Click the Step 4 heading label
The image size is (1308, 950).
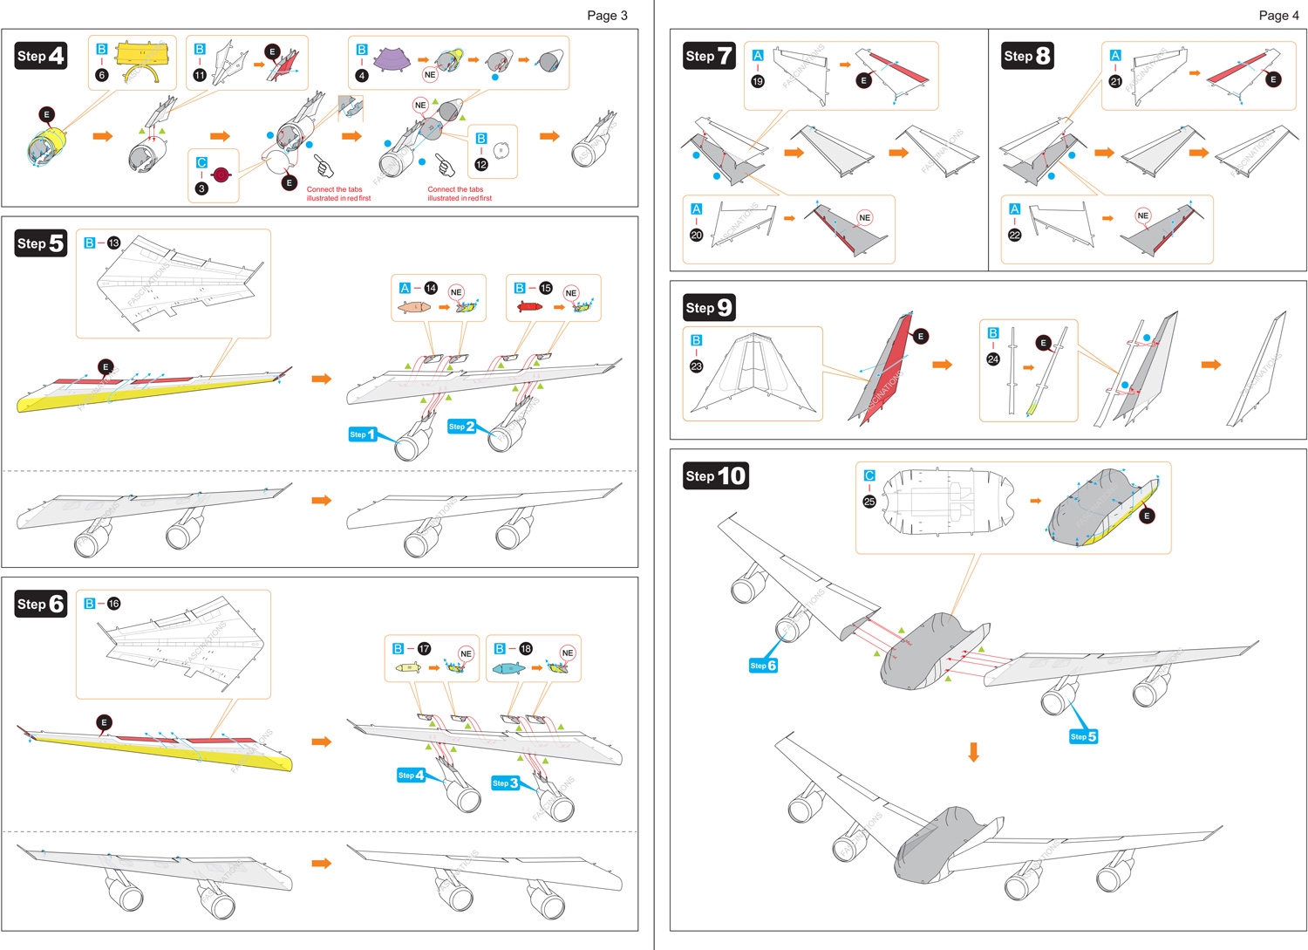40,56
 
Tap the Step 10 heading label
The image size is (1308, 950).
716,475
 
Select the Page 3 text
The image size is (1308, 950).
607,15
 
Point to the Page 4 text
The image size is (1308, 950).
1278,15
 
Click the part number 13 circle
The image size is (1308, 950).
113,243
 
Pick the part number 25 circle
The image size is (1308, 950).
869,502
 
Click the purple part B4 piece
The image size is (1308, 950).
392,59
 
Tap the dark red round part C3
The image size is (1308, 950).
221,175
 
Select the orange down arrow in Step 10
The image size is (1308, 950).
974,752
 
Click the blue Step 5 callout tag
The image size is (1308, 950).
1083,736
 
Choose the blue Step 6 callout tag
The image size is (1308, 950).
762,666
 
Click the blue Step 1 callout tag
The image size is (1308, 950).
362,434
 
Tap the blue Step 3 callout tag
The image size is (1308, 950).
505,783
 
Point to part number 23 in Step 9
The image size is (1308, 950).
696,366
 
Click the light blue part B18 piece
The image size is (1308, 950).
508,668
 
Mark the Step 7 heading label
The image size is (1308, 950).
709,56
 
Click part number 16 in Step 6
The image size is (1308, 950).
113,603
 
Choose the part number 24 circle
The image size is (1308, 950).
993,359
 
